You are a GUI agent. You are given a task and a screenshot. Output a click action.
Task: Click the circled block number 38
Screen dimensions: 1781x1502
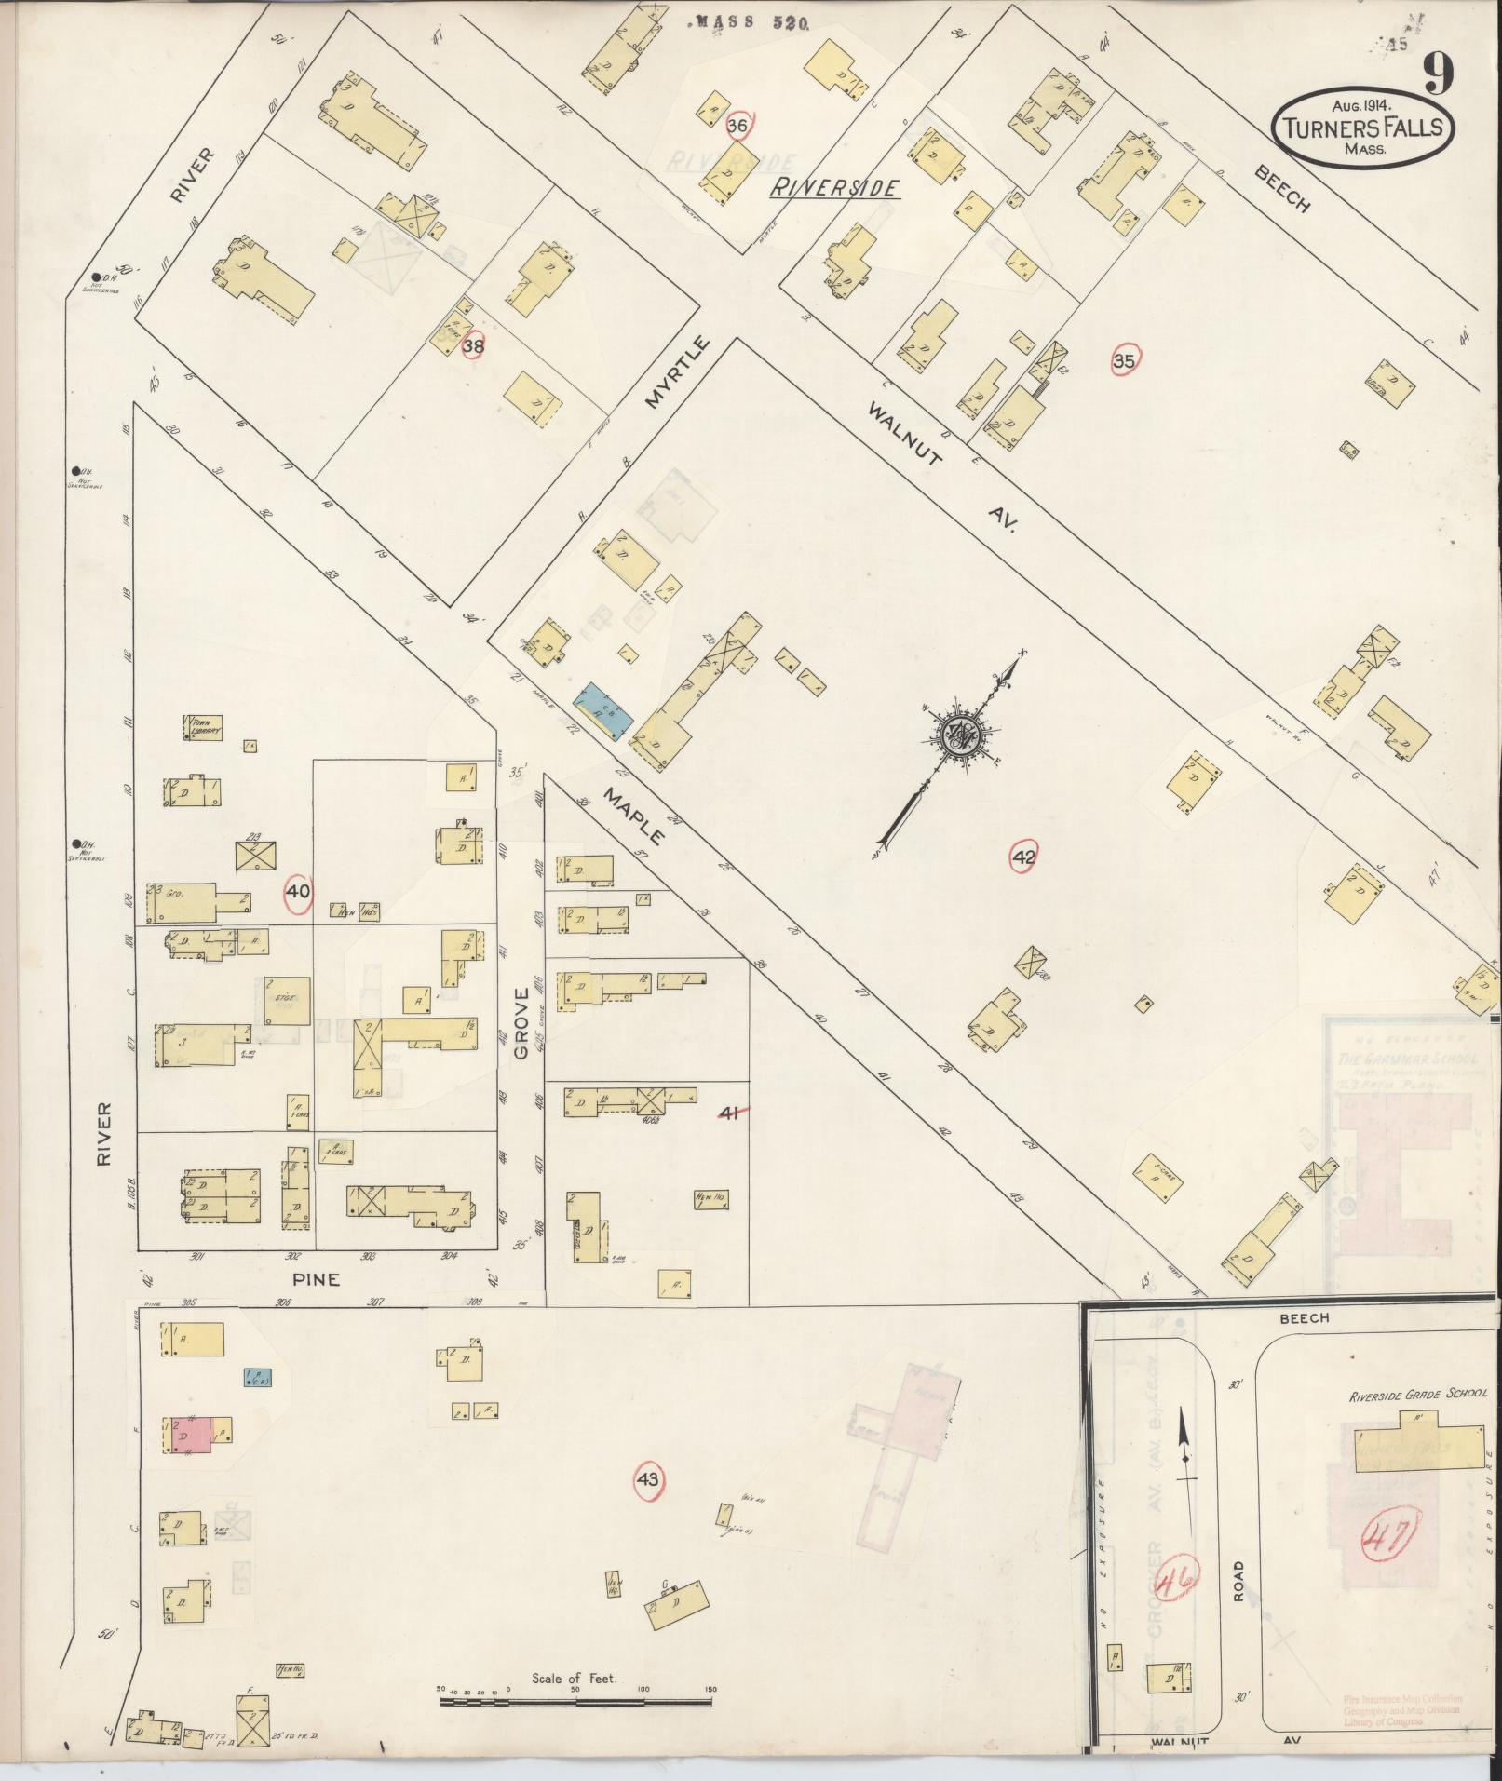(x=474, y=346)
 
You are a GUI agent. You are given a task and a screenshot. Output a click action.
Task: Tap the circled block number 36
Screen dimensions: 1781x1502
(x=738, y=126)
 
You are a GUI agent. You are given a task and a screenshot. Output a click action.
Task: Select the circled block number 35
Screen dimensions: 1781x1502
(x=1125, y=361)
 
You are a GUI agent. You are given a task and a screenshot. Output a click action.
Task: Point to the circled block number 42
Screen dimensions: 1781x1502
(x=1023, y=857)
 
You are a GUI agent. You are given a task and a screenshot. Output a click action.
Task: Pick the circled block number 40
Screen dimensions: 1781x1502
(x=298, y=891)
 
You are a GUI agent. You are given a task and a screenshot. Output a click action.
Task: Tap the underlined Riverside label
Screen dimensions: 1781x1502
(x=834, y=188)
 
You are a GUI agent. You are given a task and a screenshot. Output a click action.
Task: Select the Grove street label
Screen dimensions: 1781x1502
(x=521, y=1023)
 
